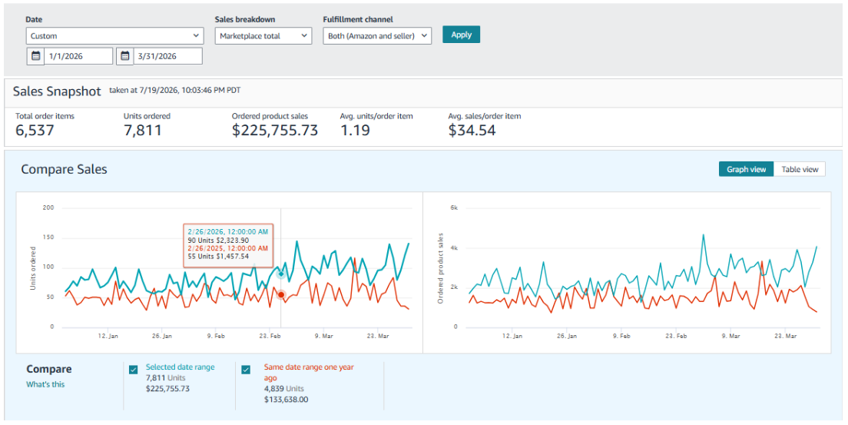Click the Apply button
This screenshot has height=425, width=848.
point(461,35)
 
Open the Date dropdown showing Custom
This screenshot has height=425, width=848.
point(114,35)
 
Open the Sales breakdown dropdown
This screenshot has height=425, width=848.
point(263,35)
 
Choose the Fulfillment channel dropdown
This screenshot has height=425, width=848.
point(377,35)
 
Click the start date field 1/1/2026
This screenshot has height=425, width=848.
point(78,56)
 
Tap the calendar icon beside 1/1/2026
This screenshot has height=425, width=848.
point(35,56)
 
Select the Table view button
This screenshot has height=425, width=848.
point(800,169)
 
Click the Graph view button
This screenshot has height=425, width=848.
point(747,169)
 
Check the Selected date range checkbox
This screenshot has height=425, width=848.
point(134,370)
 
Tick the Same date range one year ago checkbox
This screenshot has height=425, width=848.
point(246,370)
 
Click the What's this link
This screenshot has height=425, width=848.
point(45,384)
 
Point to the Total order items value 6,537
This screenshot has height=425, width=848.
point(35,131)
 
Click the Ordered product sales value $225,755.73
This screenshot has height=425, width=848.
point(275,131)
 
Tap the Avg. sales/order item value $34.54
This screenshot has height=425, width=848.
point(472,131)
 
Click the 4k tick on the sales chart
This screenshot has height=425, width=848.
point(454,248)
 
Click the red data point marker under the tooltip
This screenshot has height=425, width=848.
point(280,294)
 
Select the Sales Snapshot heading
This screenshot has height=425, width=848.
point(57,91)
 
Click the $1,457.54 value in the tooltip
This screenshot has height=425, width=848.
point(233,256)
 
